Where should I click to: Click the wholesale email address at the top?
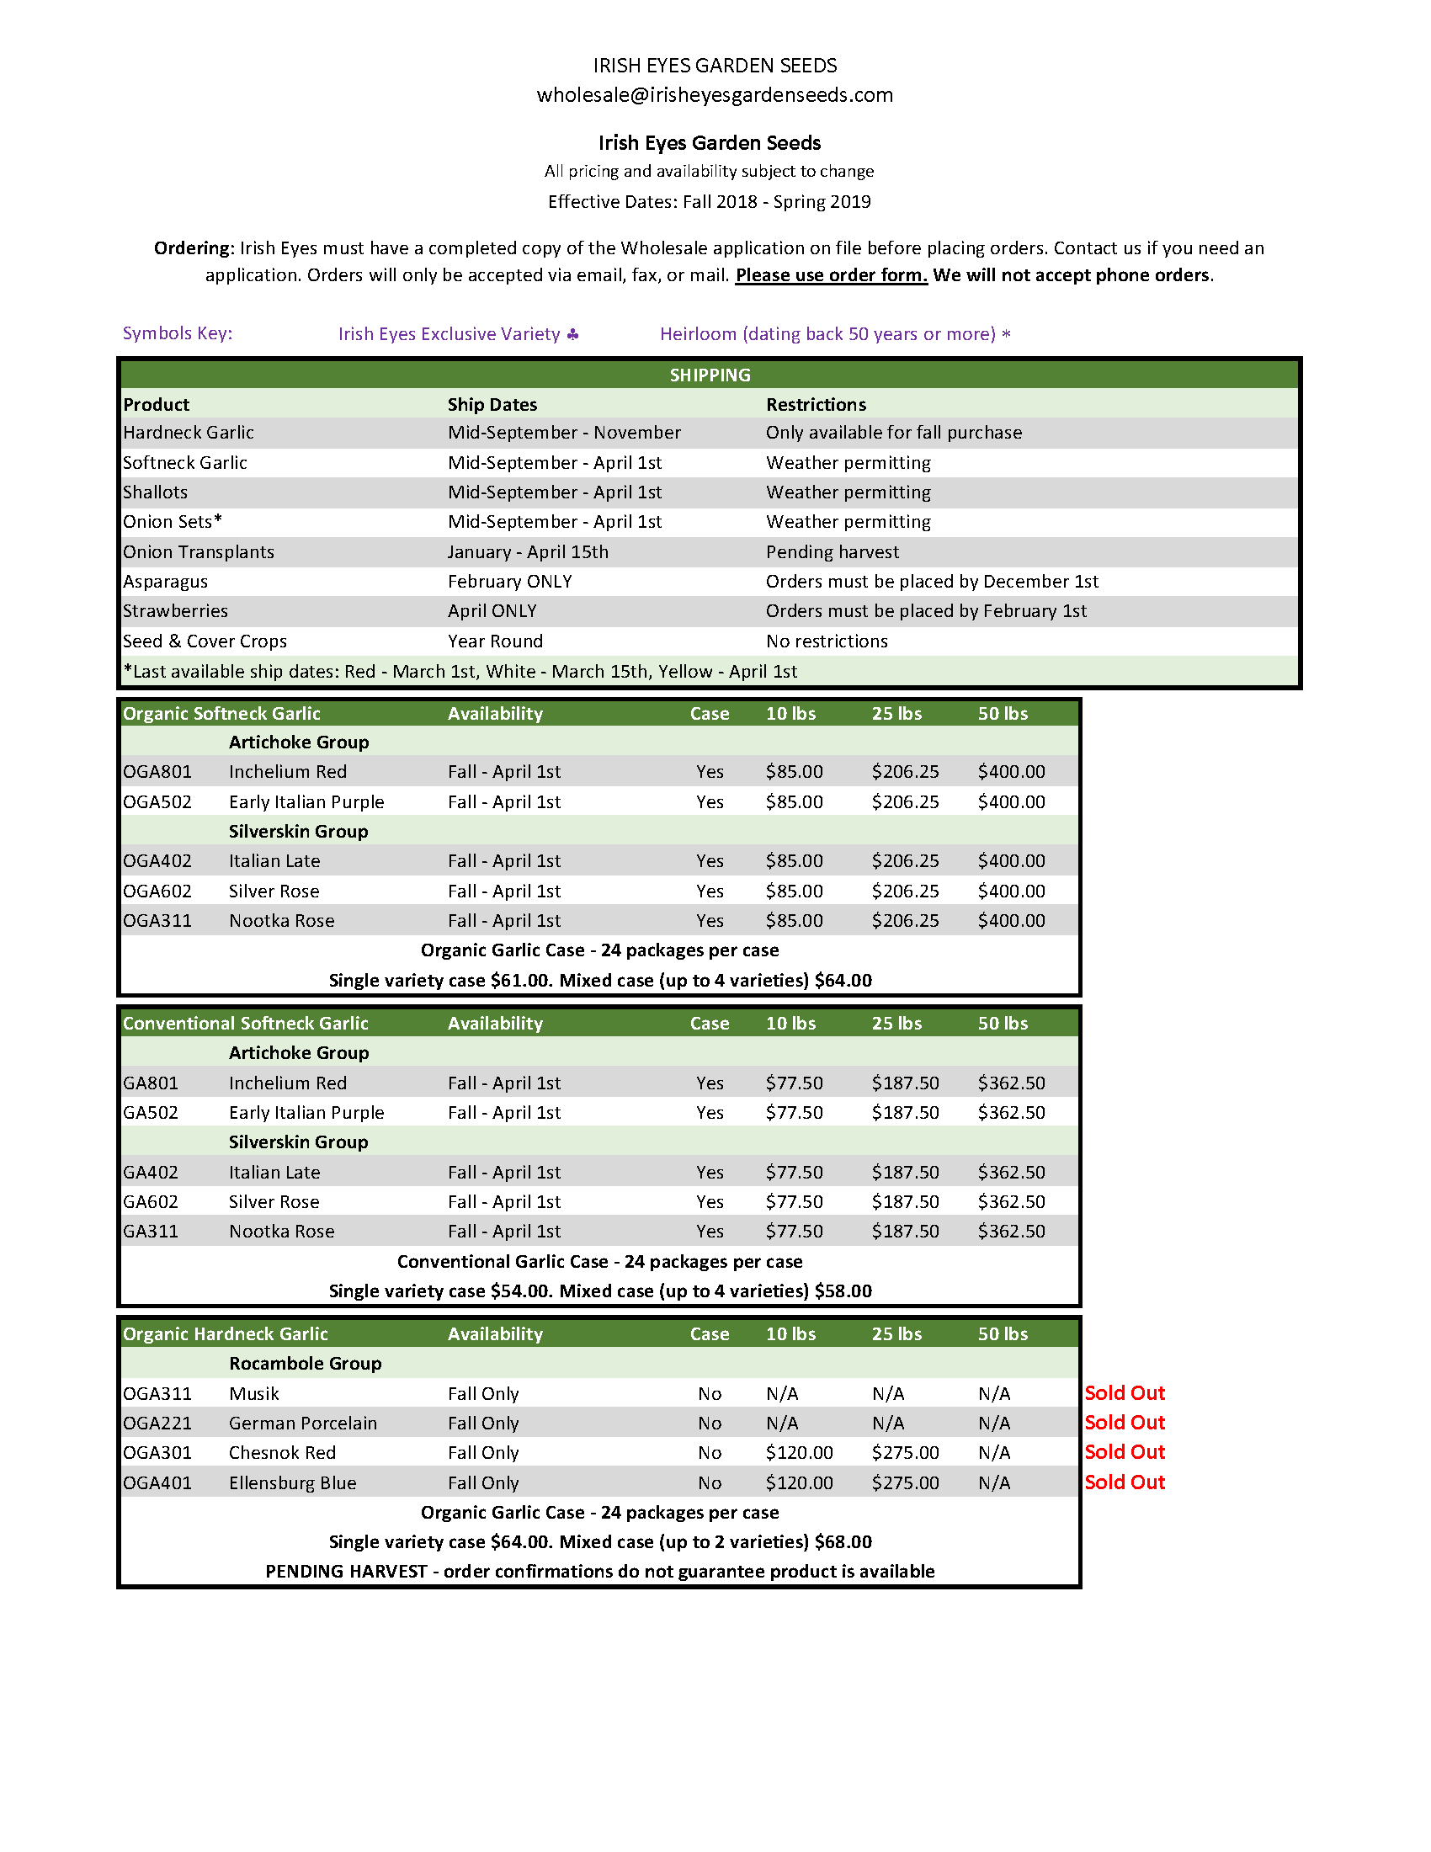point(715,95)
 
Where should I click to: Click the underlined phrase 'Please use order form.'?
point(831,275)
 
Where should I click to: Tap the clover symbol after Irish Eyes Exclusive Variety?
point(573,334)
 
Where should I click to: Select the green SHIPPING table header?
point(710,375)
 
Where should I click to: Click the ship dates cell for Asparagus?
point(509,582)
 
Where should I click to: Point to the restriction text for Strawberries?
point(926,611)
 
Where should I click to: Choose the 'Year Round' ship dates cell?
point(495,641)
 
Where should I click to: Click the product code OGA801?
point(157,772)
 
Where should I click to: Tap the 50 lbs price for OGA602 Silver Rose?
point(1010,891)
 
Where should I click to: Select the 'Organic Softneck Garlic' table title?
point(221,713)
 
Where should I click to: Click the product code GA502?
point(151,1113)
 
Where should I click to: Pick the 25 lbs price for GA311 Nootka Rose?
point(905,1232)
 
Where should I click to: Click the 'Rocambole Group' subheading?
point(306,1364)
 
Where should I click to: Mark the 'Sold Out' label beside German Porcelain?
point(1124,1423)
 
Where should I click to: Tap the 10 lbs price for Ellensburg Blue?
point(799,1483)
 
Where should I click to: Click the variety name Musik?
point(253,1394)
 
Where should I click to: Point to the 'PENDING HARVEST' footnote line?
point(599,1572)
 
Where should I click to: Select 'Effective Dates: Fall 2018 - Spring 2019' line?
point(709,202)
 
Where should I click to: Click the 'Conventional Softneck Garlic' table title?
point(245,1024)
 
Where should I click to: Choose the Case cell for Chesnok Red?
point(710,1454)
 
